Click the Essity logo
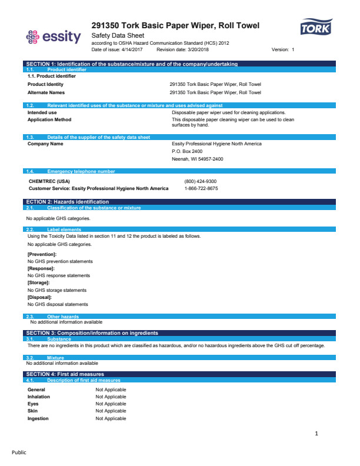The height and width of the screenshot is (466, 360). [54, 37]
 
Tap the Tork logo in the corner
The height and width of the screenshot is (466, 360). [316, 28]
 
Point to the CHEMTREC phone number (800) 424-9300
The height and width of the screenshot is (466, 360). [201, 181]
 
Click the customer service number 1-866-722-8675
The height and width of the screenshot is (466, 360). [201, 188]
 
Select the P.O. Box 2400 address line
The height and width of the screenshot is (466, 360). [187, 151]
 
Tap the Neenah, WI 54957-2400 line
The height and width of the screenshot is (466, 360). [198, 159]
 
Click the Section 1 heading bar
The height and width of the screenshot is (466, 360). [132, 63]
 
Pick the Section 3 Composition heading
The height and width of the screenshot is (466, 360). [92, 333]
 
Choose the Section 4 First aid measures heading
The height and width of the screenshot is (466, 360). [65, 374]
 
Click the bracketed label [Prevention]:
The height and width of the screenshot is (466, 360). [42, 254]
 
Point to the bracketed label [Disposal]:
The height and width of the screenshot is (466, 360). [40, 297]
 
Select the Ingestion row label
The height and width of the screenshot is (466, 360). [38, 418]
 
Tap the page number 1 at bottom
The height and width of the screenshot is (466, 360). [316, 434]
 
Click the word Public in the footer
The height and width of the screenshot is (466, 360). [19, 452]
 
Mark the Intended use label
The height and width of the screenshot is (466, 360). [42, 112]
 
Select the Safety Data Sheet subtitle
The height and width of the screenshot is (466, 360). [119, 36]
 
